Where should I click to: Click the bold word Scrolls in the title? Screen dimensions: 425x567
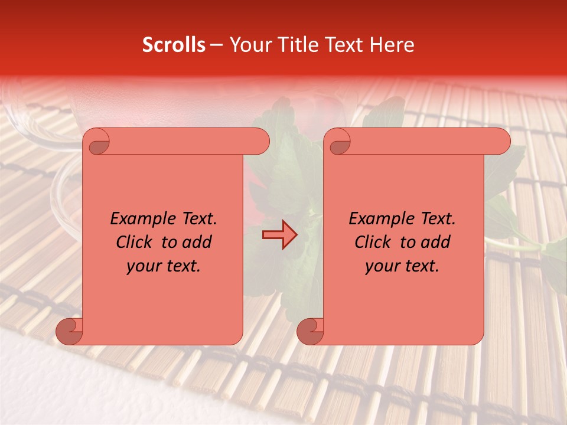coord(174,45)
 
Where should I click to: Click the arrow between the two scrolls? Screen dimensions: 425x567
coord(280,235)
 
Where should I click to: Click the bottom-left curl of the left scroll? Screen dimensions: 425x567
coord(69,331)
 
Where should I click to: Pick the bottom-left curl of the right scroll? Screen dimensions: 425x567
coord(310,331)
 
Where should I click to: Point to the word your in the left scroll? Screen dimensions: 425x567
coord(142,266)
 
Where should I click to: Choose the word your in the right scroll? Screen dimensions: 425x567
coord(381,266)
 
